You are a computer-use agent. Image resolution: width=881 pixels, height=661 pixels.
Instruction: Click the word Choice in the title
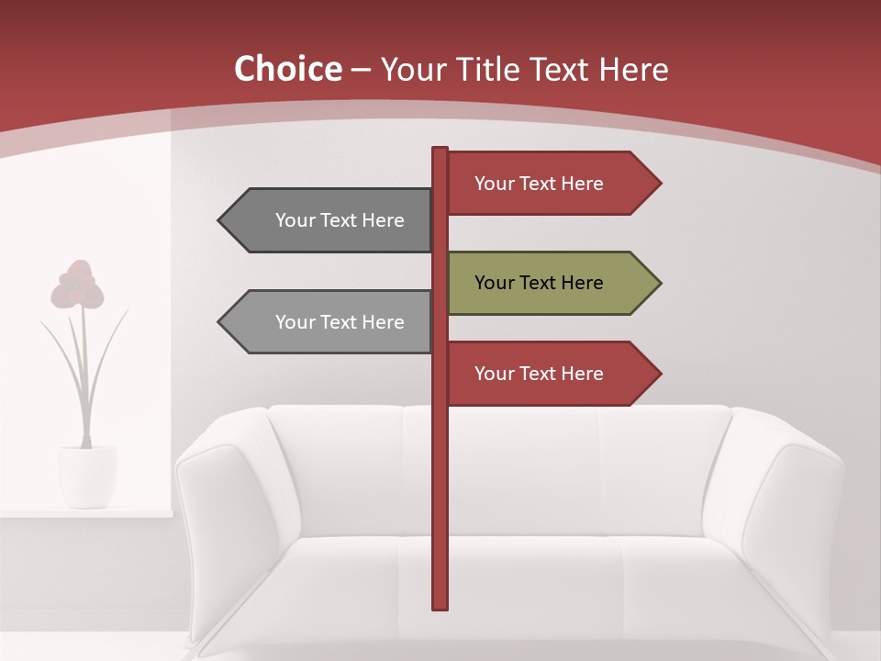(287, 70)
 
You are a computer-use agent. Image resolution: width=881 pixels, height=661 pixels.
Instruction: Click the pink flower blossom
(77, 285)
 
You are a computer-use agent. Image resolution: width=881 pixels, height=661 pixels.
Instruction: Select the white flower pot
(87, 475)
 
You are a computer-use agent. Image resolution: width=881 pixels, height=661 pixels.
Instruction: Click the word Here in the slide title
(634, 70)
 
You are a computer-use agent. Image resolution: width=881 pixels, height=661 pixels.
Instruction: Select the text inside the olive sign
(539, 283)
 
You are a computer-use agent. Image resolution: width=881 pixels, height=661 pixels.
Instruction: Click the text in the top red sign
(539, 184)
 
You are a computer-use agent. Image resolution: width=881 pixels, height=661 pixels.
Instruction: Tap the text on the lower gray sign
(340, 322)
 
